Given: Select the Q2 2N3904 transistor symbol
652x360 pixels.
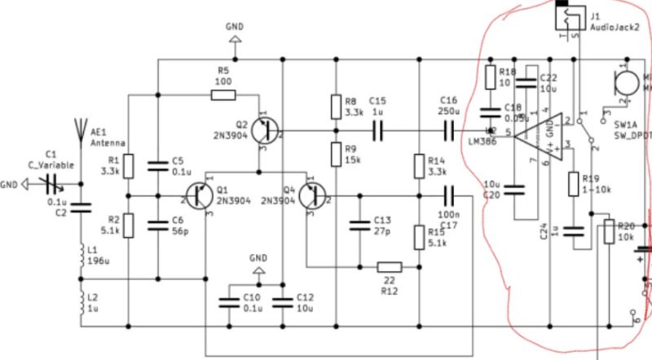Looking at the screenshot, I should pos(264,130).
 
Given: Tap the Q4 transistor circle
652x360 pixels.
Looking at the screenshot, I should pos(312,196).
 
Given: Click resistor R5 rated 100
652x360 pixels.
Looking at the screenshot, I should pos(223,95).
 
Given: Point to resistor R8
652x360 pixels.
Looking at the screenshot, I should pos(335,106).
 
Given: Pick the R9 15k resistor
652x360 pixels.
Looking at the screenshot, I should pos(335,152).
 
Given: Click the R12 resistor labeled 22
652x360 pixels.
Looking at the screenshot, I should pos(390,266).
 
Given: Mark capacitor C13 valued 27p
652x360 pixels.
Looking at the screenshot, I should pos(357,224).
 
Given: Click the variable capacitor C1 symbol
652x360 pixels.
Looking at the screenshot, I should pos(51,182).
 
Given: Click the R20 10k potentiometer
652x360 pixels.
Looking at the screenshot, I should pos(607,232).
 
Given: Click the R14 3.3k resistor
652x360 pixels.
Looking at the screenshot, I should pos(418,166).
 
